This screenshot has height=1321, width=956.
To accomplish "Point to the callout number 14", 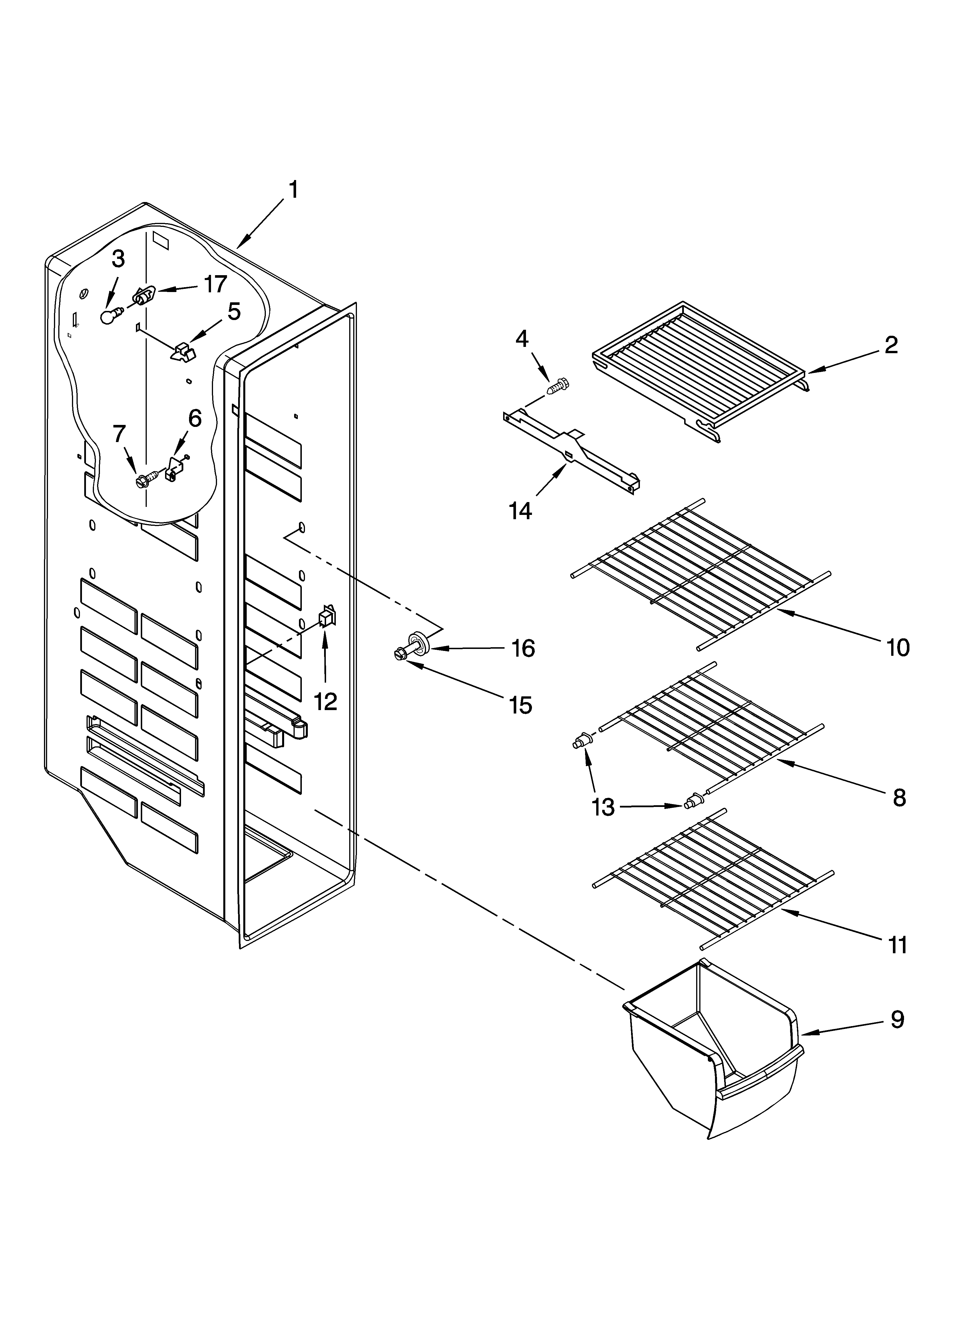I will pos(520,511).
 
